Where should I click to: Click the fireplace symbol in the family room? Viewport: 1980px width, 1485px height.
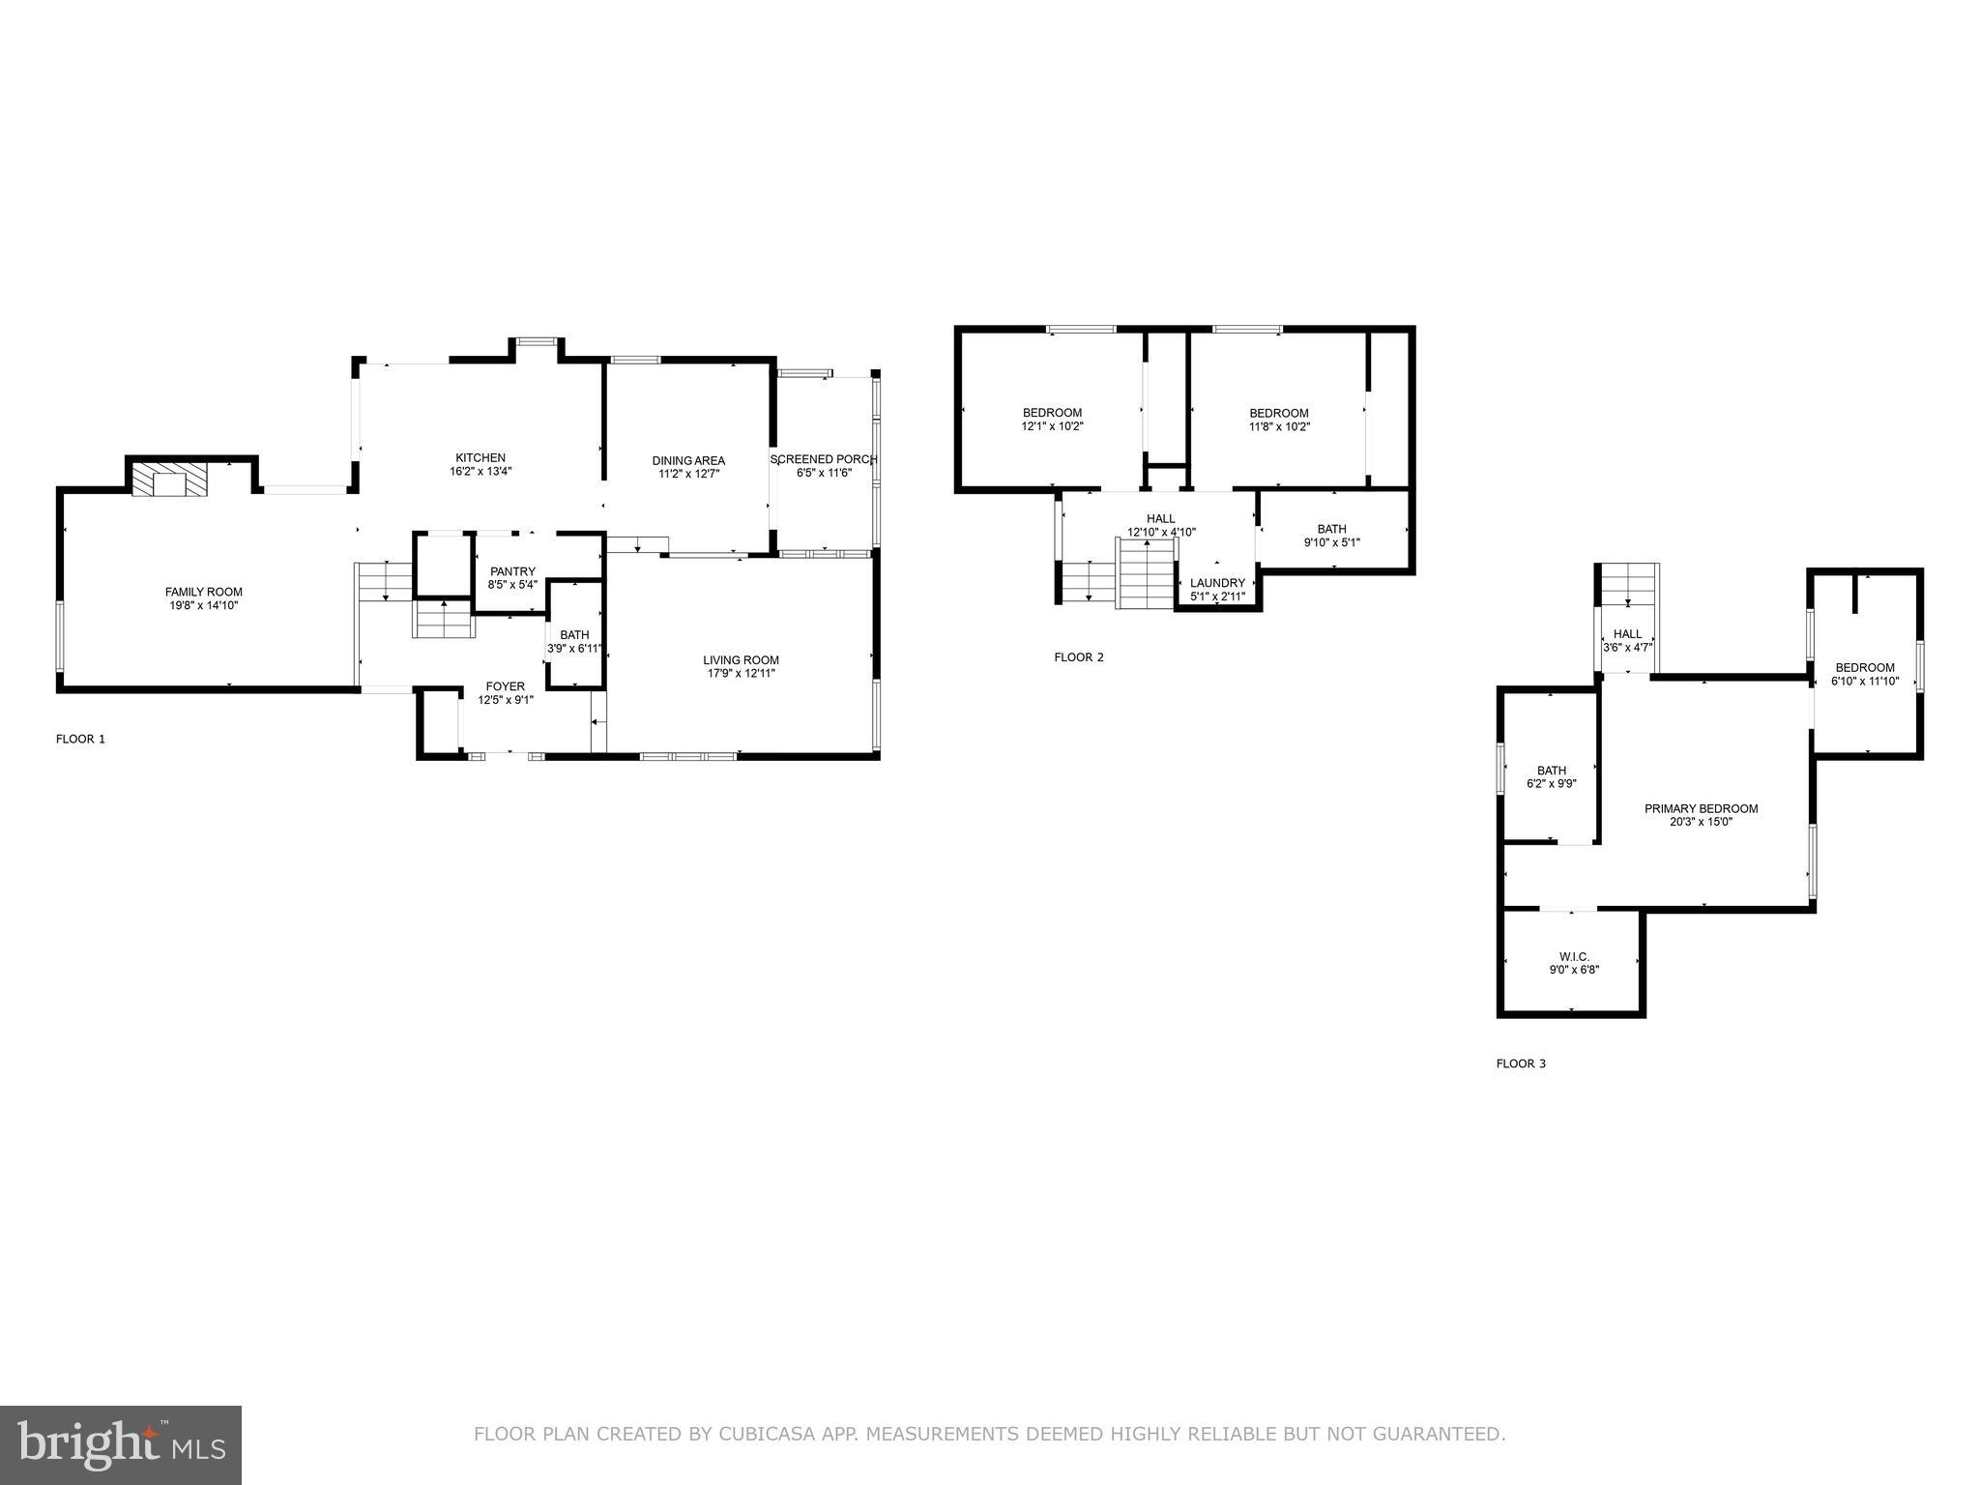click(x=170, y=480)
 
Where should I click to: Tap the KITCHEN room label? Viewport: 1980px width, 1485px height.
click(x=480, y=458)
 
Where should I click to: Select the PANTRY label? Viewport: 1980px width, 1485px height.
click(x=512, y=571)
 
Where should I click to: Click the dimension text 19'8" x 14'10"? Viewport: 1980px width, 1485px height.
click(x=203, y=606)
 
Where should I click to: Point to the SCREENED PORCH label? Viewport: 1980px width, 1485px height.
click(x=824, y=459)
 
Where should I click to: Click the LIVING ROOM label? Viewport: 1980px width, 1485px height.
click(x=741, y=660)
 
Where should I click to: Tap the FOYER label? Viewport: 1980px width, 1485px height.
click(x=506, y=686)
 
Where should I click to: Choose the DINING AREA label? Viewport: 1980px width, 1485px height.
click(x=688, y=461)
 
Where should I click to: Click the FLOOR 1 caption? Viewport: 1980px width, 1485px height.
click(x=80, y=739)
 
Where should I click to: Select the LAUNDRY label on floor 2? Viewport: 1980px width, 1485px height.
click(x=1217, y=583)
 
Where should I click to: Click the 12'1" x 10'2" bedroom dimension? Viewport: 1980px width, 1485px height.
click(x=1052, y=426)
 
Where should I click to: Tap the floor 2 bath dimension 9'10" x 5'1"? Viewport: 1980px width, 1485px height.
click(x=1331, y=542)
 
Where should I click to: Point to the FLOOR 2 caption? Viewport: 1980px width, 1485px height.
click(x=1078, y=657)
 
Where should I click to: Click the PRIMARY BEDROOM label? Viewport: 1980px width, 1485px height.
click(x=1701, y=809)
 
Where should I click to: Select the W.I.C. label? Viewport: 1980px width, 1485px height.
click(x=1574, y=956)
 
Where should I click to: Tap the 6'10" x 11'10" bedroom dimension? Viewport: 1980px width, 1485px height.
click(x=1865, y=681)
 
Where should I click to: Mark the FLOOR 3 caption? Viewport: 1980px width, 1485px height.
click(x=1521, y=1063)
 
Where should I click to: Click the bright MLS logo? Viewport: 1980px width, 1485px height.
click(x=121, y=1445)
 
